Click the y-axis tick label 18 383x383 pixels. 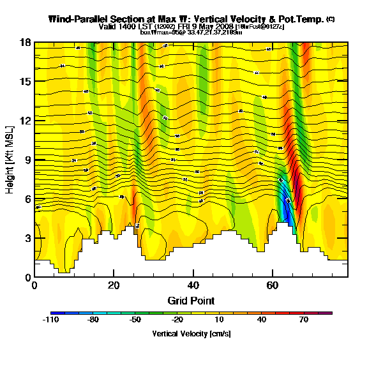[x=24, y=43]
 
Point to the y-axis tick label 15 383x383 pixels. [x=24, y=82]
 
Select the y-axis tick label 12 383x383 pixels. [x=24, y=121]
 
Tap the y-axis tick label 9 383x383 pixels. [x=27, y=160]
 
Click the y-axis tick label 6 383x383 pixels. [x=27, y=199]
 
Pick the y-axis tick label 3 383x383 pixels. [x=27, y=238]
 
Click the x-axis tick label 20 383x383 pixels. [x=114, y=285]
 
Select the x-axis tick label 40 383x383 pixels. [x=193, y=285]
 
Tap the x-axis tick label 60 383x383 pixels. [x=272, y=285]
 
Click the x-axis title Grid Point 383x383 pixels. [x=191, y=300]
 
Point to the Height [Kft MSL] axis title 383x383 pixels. [x=10, y=160]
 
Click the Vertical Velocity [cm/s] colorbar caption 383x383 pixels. [x=191, y=334]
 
